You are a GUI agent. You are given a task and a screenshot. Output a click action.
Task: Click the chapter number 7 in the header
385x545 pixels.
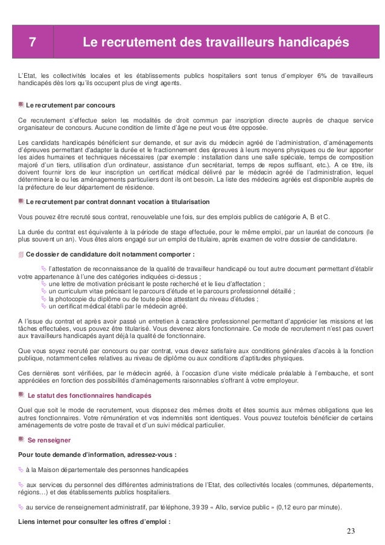click(33, 43)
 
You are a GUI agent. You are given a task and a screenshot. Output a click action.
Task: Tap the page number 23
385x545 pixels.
click(351, 531)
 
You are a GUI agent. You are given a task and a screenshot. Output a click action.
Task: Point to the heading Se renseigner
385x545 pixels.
click(49, 440)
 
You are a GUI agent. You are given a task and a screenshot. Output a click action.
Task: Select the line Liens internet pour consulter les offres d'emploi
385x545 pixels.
click(95, 521)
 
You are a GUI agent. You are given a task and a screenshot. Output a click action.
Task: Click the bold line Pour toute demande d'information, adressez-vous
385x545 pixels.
click(98, 454)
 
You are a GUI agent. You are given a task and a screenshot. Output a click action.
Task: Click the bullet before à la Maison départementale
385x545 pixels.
click(21, 469)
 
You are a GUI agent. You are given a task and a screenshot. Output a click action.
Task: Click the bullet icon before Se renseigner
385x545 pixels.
click(22, 440)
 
